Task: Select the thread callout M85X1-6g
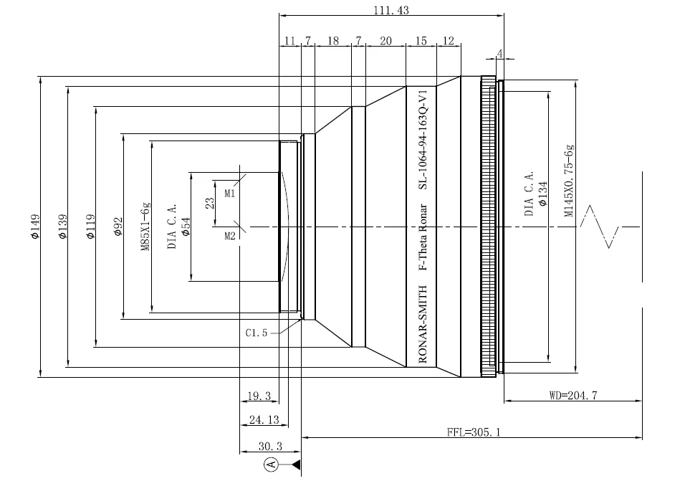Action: pos(145,226)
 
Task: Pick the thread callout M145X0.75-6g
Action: pos(570,180)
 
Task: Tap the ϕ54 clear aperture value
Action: pos(185,228)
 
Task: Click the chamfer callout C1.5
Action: pos(257,333)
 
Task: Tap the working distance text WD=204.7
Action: pos(573,394)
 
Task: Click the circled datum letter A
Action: pos(271,465)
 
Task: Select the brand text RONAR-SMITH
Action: pos(423,324)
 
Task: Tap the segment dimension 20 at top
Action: pos(385,42)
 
